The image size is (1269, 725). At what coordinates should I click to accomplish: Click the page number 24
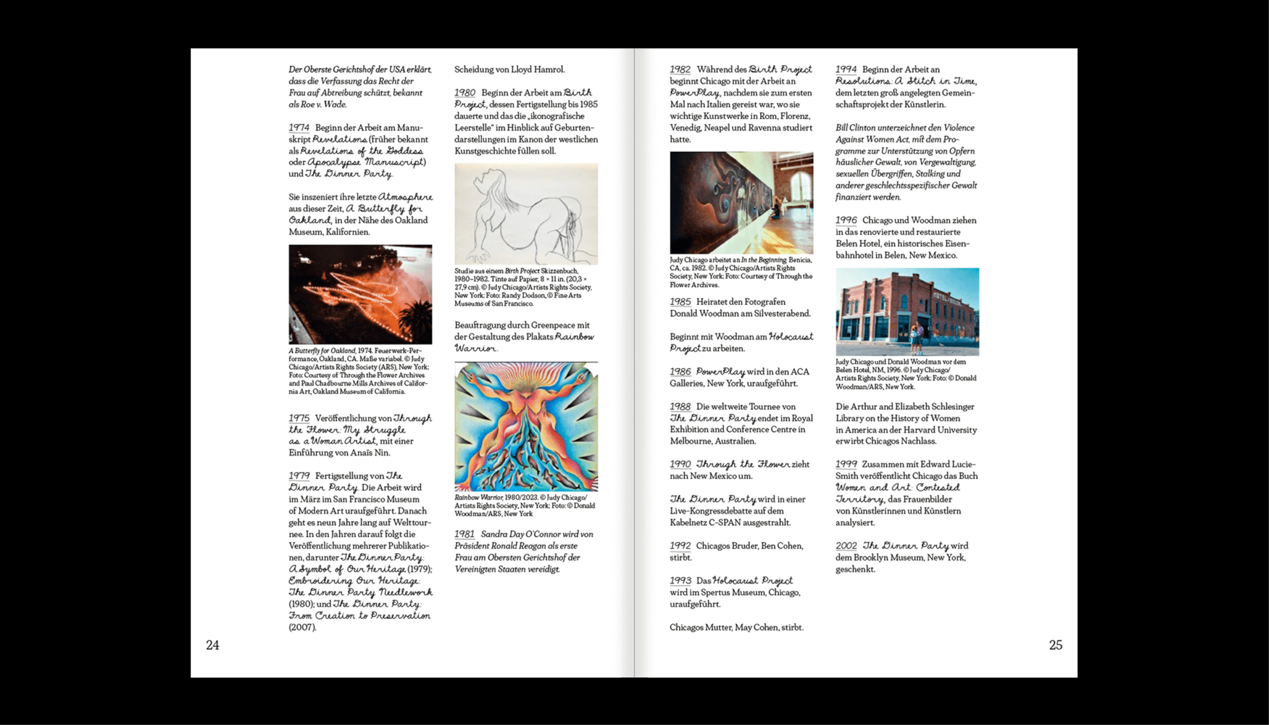(x=213, y=645)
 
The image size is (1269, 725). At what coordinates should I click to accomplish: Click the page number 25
(x=1055, y=645)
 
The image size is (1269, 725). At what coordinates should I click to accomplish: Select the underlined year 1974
(x=299, y=128)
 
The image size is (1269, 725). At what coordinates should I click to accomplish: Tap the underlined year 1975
(x=299, y=418)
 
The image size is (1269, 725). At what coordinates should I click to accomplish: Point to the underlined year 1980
(x=465, y=93)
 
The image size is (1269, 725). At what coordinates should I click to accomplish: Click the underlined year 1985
(x=680, y=302)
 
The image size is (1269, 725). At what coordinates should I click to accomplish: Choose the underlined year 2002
(x=846, y=546)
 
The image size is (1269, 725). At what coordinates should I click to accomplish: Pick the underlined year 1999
(x=846, y=464)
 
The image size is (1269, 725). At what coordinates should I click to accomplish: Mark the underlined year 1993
(x=680, y=581)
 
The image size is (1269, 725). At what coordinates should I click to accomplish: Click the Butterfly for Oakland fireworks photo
(x=360, y=294)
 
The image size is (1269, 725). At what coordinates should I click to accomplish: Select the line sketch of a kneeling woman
(x=526, y=214)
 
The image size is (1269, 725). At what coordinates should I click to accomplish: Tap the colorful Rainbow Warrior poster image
(x=526, y=427)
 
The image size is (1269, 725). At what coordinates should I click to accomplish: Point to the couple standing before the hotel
(x=916, y=339)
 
